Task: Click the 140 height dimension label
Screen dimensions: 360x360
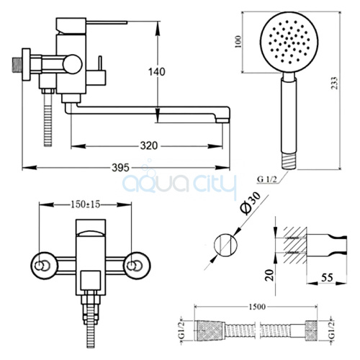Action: pyautogui.click(x=157, y=71)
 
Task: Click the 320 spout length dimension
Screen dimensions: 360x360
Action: pyautogui.click(x=149, y=145)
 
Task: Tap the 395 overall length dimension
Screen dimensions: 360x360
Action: pyautogui.click(x=120, y=168)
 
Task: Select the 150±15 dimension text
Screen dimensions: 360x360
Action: pyautogui.click(x=85, y=204)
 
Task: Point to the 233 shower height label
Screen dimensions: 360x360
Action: pyautogui.click(x=334, y=83)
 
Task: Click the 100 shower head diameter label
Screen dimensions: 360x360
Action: pyautogui.click(x=238, y=42)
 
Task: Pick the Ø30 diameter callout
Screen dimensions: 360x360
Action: pyautogui.click(x=250, y=203)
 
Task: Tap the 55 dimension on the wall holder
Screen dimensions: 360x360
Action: pyautogui.click(x=327, y=278)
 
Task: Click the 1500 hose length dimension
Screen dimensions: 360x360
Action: pyautogui.click(x=256, y=307)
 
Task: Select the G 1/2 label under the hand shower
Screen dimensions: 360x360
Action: pyautogui.click(x=267, y=179)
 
